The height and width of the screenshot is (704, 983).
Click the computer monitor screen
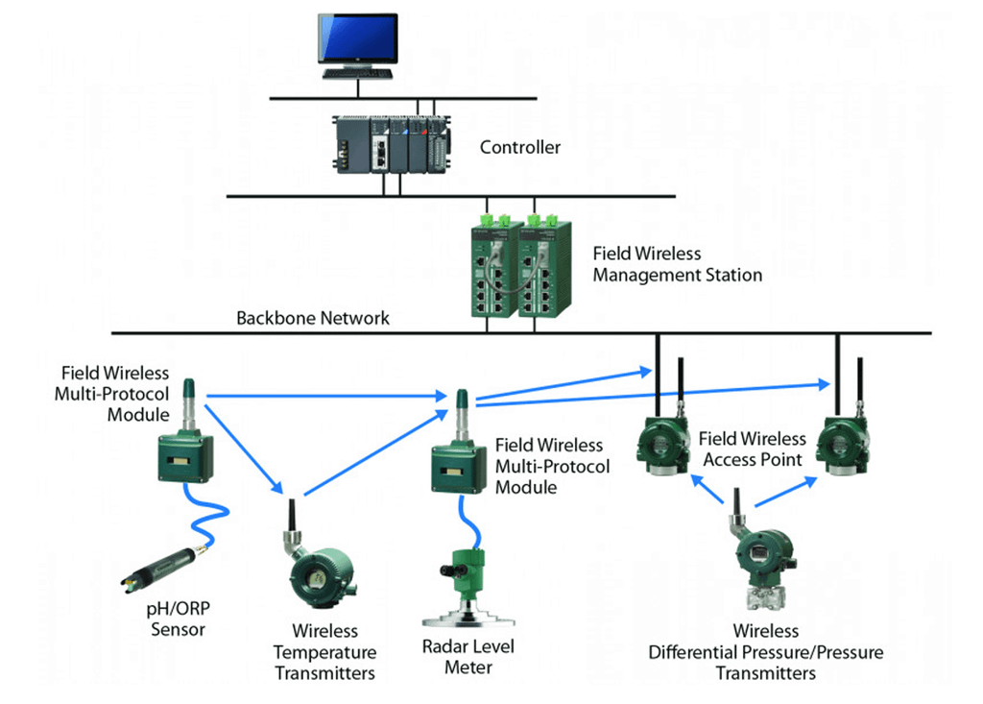(358, 37)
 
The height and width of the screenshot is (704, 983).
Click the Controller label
(520, 148)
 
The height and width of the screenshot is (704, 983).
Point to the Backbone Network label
(313, 318)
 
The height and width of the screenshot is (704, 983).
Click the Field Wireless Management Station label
(677, 265)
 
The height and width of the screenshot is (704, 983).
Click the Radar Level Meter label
(468, 657)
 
